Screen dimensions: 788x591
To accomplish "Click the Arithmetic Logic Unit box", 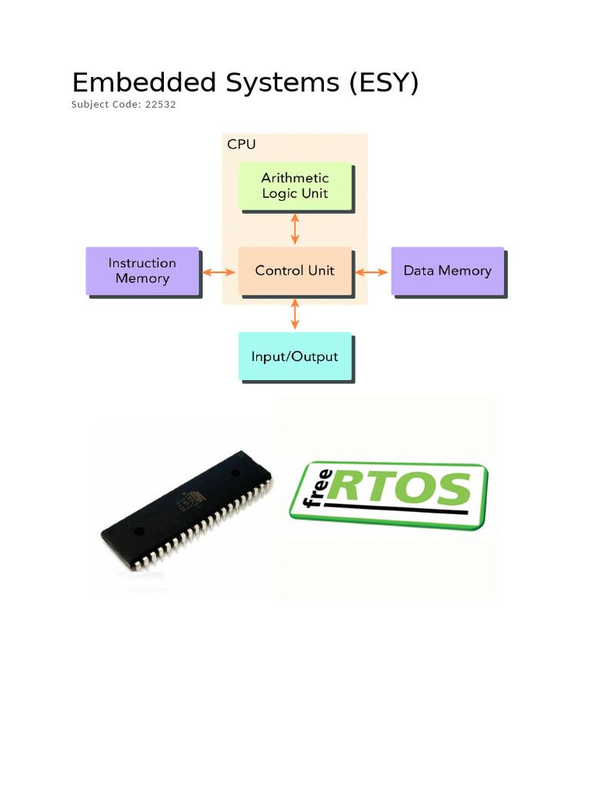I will (x=295, y=186).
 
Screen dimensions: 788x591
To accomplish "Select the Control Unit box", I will (x=295, y=271).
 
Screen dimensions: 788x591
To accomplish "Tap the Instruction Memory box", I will (x=142, y=271).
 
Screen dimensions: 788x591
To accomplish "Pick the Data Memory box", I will (x=447, y=271).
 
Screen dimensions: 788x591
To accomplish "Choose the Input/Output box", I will (x=295, y=356).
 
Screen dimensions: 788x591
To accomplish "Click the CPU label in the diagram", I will (x=241, y=144).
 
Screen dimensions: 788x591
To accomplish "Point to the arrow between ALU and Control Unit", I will (x=295, y=229).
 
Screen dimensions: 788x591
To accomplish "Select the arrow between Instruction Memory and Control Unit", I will (x=219, y=272).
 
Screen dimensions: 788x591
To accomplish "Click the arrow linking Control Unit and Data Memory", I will (x=372, y=272).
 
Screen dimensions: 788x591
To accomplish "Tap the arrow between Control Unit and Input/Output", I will (x=295, y=314).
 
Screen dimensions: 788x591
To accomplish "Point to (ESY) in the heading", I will (x=383, y=82).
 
